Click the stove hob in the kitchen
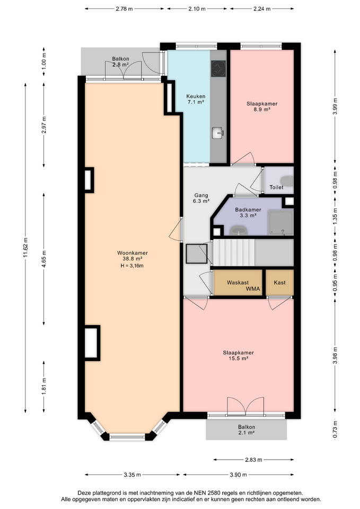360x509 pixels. tap(218, 68)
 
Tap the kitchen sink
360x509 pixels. tap(218, 133)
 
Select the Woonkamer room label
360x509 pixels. tap(133, 253)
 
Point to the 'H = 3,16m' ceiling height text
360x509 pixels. tap(132, 266)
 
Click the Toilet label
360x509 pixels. tap(276, 187)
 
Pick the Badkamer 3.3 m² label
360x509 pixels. tap(248, 212)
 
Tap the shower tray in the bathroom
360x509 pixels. tap(281, 223)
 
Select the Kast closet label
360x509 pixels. tap(279, 283)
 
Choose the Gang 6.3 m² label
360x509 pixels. tap(201, 198)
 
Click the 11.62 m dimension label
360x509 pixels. tap(25, 248)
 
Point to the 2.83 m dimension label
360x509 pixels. tap(253, 460)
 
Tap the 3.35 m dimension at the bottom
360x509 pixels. tap(132, 475)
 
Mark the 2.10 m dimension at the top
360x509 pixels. tap(197, 9)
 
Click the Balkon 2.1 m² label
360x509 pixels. tap(247, 430)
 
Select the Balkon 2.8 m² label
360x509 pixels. tap(120, 62)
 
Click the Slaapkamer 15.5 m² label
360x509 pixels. tap(238, 355)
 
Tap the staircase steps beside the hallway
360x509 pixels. tap(234, 252)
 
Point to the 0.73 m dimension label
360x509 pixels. tap(335, 429)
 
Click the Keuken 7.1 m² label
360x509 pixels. tap(196, 99)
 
